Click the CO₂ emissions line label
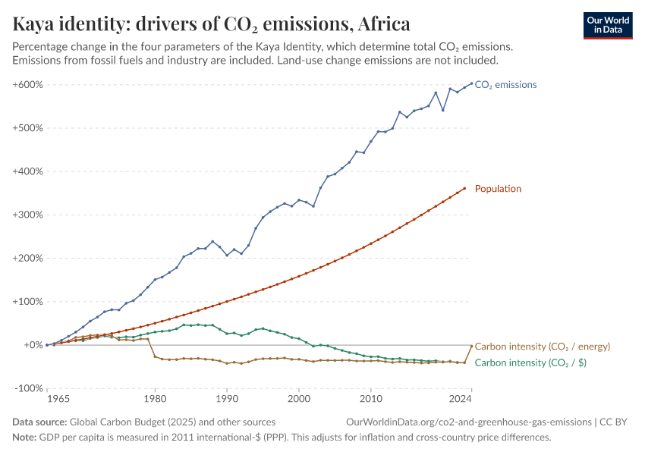point(505,85)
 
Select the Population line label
point(498,189)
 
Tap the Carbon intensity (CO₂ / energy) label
point(542,347)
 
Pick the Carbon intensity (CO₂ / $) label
point(530,363)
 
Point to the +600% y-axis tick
point(27,85)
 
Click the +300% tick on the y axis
point(27,215)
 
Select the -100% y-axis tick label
point(28,388)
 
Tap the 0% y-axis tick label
point(32,345)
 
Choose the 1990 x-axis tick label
point(227,398)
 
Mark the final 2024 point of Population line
point(464,188)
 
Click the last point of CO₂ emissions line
point(471,83)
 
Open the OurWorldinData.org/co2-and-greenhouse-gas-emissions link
point(468,422)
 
